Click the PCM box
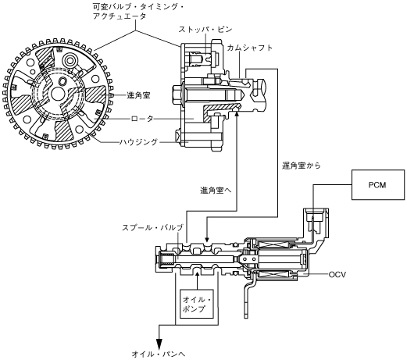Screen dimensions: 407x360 (378, 185)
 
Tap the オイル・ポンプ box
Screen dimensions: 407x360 (197, 304)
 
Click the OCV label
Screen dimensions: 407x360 (337, 274)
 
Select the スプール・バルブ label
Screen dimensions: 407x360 (152, 228)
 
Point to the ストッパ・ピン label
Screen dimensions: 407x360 (205, 30)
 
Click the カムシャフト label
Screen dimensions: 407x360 (250, 48)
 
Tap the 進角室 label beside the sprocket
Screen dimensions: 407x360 (138, 95)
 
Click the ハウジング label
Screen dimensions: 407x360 (139, 142)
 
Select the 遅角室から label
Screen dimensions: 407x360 (302, 166)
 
